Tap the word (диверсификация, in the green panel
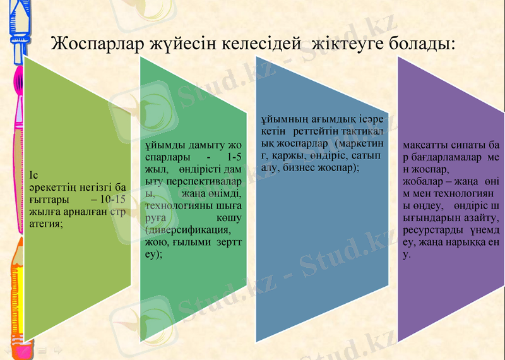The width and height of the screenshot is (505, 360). point(185,229)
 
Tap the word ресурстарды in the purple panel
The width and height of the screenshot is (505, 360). point(430,229)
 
